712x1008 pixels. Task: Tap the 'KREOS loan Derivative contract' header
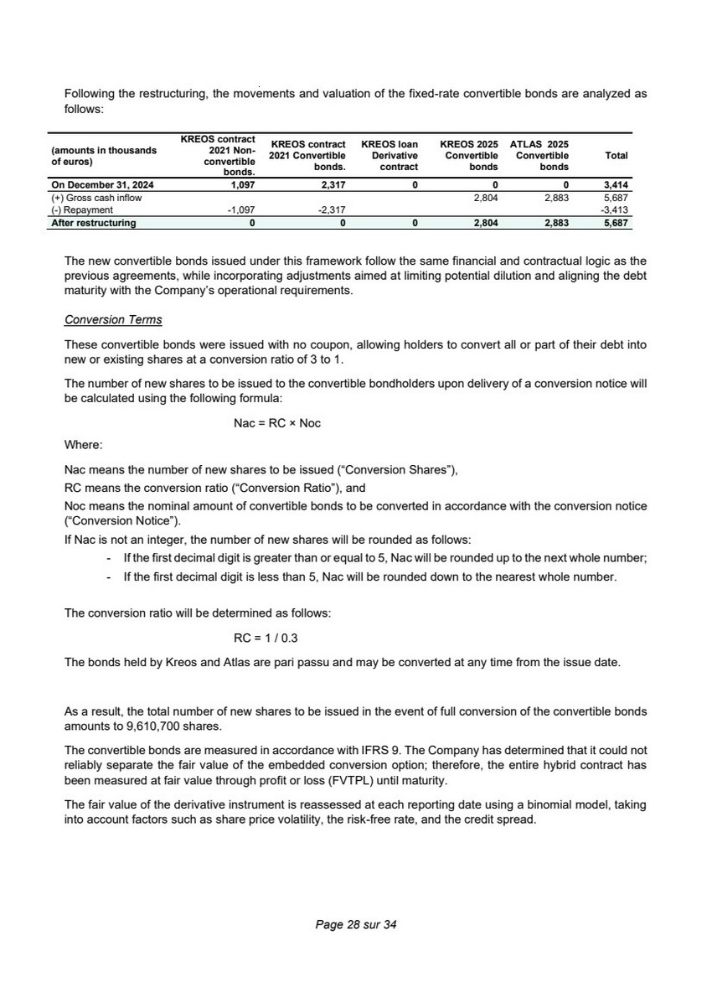pos(389,156)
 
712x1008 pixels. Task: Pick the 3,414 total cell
pos(616,185)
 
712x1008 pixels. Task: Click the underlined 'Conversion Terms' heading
pos(113,321)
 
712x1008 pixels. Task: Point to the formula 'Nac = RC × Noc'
pos(276,423)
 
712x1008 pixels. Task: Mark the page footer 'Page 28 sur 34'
pos(355,925)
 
